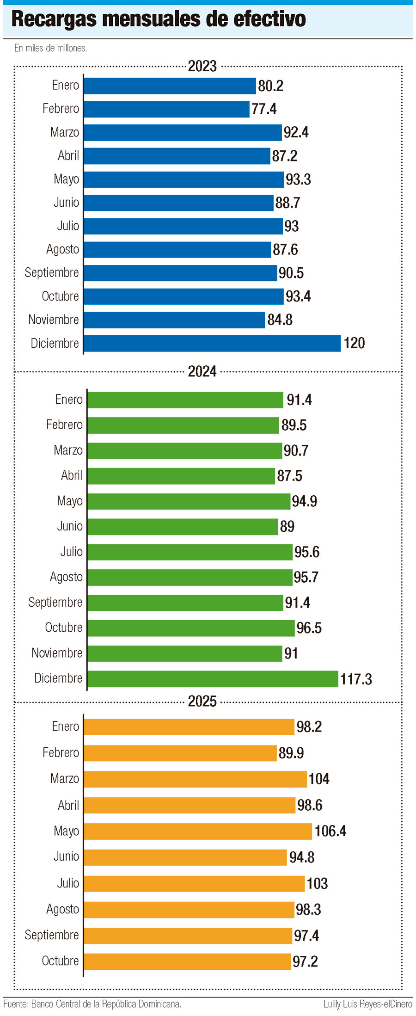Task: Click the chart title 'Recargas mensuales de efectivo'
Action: pyautogui.click(x=159, y=19)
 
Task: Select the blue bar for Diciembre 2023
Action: pyautogui.click(x=212, y=343)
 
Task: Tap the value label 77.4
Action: pyautogui.click(x=264, y=109)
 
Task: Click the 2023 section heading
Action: pyautogui.click(x=202, y=66)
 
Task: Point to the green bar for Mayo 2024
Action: pyautogui.click(x=189, y=501)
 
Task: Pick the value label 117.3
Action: pyautogui.click(x=356, y=679)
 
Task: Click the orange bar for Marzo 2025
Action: pyautogui.click(x=195, y=779)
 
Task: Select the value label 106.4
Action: pyautogui.click(x=330, y=831)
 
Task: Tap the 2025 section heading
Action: pyautogui.click(x=202, y=702)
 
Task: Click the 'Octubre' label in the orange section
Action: pyautogui.click(x=60, y=961)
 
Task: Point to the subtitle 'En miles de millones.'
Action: pyautogui.click(x=50, y=48)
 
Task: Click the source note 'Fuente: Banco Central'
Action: pyautogui.click(x=92, y=1004)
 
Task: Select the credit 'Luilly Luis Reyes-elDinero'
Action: pyautogui.click(x=367, y=1004)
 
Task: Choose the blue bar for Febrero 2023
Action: pyautogui.click(x=166, y=109)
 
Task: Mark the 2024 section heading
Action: pyautogui.click(x=202, y=371)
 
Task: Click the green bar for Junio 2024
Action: pyautogui.click(x=183, y=527)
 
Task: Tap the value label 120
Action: pyautogui.click(x=354, y=343)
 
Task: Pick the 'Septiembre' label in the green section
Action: pyautogui.click(x=55, y=602)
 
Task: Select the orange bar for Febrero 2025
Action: pyautogui.click(x=180, y=753)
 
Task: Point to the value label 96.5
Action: pyautogui.click(x=309, y=628)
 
